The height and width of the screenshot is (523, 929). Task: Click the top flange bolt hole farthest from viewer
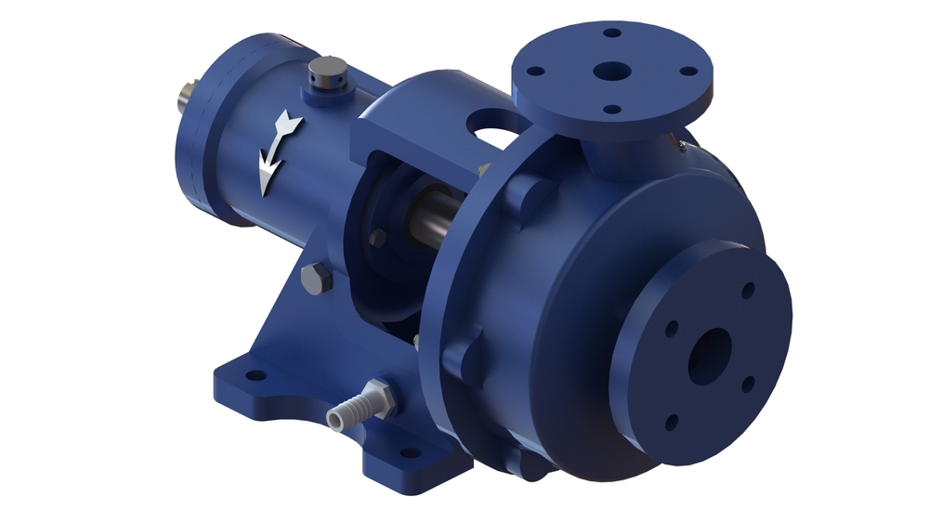(611, 33)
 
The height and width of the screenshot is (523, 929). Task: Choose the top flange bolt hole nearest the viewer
(610, 110)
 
